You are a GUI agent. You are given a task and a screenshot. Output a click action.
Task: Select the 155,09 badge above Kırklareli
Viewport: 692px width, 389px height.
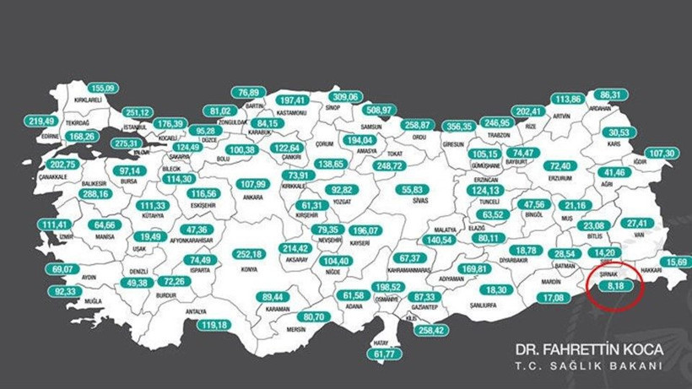tap(102, 88)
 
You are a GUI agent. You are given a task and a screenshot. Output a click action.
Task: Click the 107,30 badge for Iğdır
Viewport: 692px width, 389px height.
tap(662, 153)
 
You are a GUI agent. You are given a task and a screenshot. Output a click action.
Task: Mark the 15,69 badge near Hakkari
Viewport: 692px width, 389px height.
tap(677, 262)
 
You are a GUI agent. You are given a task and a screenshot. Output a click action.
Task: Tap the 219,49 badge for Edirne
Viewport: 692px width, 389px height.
tap(41, 122)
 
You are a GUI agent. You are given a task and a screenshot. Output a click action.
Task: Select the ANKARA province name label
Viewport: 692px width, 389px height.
tap(252, 197)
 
